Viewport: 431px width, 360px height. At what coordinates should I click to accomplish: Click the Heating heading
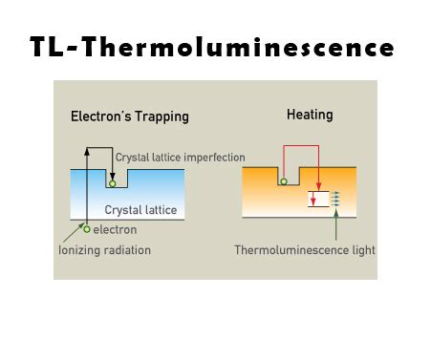pyautogui.click(x=310, y=116)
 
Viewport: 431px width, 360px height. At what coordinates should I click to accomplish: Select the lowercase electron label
pyautogui.click(x=116, y=230)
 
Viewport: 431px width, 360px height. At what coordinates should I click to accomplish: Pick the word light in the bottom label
pyautogui.click(x=361, y=250)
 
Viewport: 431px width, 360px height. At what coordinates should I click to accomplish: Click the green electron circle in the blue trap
pyautogui.click(x=113, y=181)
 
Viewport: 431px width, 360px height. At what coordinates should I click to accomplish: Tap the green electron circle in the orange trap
pyautogui.click(x=282, y=180)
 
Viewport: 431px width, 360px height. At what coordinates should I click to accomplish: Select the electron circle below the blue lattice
pyautogui.click(x=87, y=229)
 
